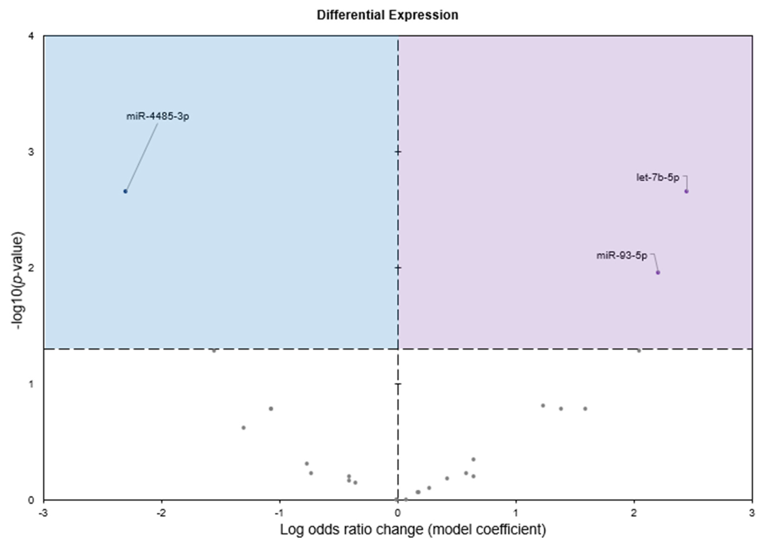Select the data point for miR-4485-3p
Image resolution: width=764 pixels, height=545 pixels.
pos(125,191)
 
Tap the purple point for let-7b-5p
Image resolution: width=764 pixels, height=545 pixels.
pos(686,191)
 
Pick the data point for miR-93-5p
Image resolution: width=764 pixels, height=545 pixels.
pos(658,272)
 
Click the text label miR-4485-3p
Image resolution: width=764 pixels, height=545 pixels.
pos(158,116)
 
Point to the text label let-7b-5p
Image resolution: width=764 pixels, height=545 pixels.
pos(658,177)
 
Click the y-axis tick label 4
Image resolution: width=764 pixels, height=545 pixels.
pos(31,36)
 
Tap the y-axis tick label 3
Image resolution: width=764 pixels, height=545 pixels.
pos(31,152)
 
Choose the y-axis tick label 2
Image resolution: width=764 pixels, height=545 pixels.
pos(31,268)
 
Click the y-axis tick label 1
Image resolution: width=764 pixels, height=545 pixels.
pos(31,384)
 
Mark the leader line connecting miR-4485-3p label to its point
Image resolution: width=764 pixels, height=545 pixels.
pos(141,157)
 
